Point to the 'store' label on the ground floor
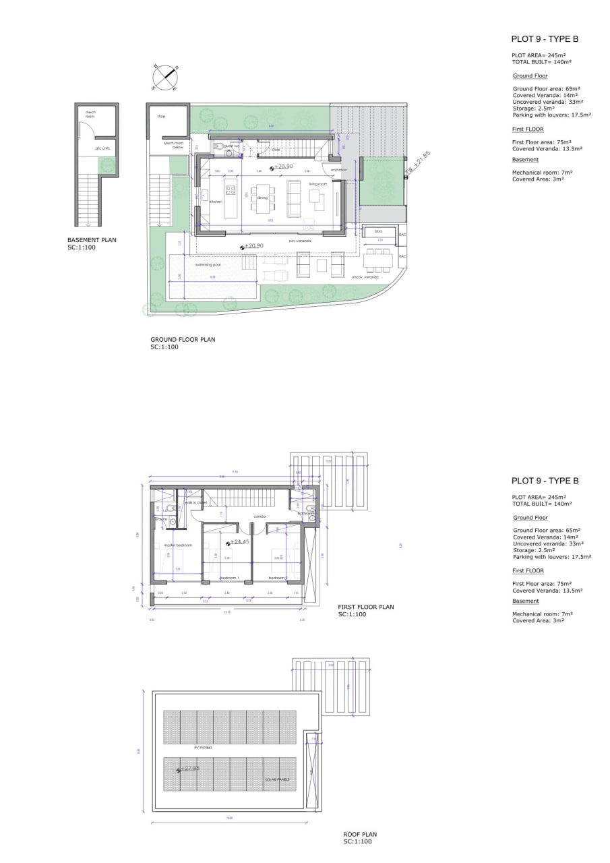tap(161, 116)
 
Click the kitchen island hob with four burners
tap(230, 190)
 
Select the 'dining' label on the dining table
tap(262, 198)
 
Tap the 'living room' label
tap(317, 183)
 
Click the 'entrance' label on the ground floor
tap(338, 170)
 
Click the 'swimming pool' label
tap(208, 265)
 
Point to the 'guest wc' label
tap(232, 146)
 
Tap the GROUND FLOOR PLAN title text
tap(183, 340)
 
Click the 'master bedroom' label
tap(178, 545)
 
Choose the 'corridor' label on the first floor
tap(261, 516)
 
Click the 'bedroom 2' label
tap(278, 578)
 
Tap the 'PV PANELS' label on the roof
tap(203, 747)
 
